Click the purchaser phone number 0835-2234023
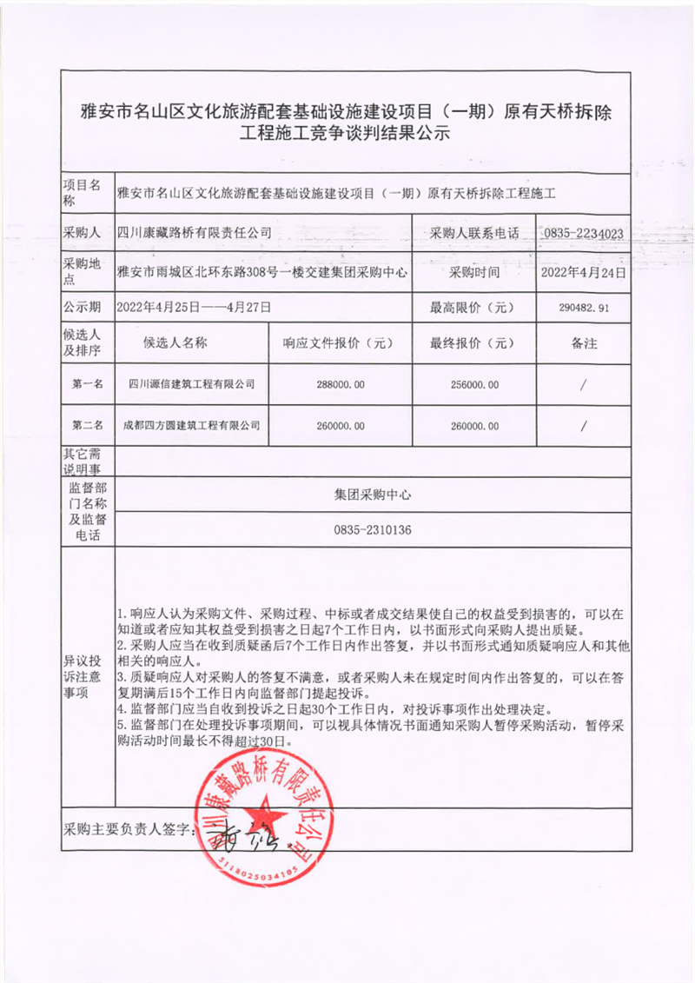pos(582,233)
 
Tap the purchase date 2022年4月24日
pos(583,271)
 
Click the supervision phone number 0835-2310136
pos(372,529)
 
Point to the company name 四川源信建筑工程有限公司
pos(191,383)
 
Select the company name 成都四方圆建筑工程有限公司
pos(192,425)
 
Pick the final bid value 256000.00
pos(470,383)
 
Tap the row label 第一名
pos(88,383)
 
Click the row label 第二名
pos(88,425)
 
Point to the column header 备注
pos(584,342)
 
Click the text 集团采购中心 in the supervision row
pos(372,494)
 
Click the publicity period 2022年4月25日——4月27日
pos(195,307)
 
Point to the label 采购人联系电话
pos(473,233)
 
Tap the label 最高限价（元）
pos(473,307)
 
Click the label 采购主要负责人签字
pos(129,830)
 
